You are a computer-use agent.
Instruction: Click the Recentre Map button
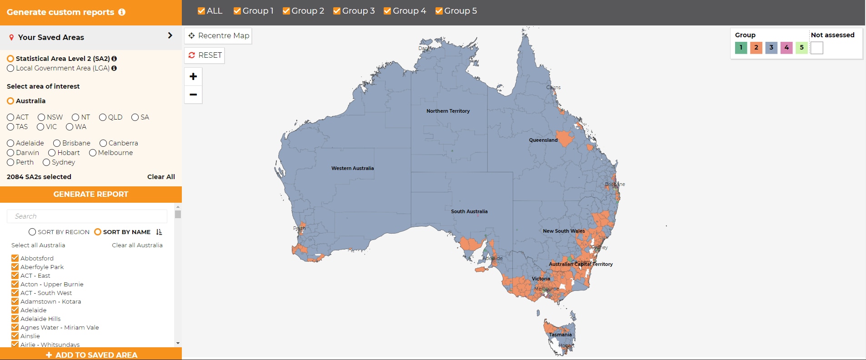click(218, 36)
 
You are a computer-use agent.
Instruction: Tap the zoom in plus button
click(193, 76)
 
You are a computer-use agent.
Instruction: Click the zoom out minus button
click(193, 95)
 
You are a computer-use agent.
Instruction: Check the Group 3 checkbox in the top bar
click(337, 11)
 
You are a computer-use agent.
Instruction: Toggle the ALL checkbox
click(201, 11)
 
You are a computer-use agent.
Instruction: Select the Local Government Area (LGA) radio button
click(10, 68)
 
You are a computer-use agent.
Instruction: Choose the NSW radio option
click(41, 117)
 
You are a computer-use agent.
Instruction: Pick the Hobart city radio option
click(52, 153)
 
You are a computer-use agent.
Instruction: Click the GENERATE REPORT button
click(91, 194)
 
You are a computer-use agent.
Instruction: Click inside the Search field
click(87, 216)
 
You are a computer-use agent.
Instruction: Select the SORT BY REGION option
click(32, 232)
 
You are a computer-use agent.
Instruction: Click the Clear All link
click(161, 177)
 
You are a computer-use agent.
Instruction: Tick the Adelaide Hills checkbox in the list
click(15, 319)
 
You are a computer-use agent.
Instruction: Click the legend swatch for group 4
click(786, 48)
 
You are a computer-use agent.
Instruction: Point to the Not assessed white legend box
click(817, 48)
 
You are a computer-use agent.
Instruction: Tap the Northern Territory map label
click(448, 111)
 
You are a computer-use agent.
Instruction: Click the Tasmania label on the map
click(560, 335)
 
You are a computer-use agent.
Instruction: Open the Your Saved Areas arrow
click(170, 35)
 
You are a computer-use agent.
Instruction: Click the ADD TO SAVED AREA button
click(91, 355)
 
